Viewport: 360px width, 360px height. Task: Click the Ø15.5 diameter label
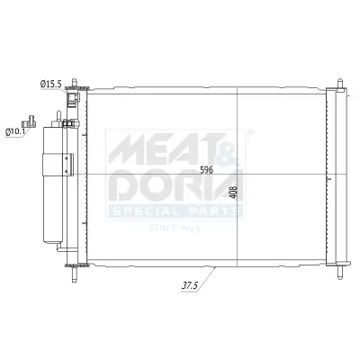click(50, 84)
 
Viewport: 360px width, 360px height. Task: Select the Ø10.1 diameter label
click(15, 131)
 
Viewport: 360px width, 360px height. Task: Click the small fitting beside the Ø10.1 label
click(32, 121)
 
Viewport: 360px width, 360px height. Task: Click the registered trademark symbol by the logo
click(249, 132)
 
